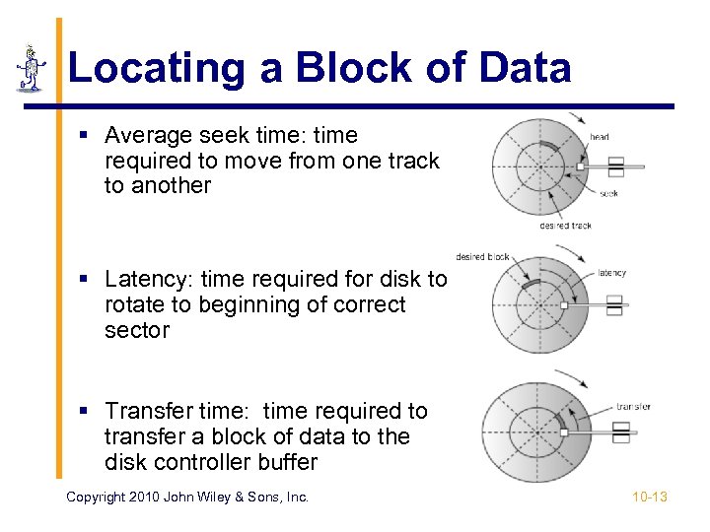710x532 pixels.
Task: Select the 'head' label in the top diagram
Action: (599, 137)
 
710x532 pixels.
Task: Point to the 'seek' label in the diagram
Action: (608, 193)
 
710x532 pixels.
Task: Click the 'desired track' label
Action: (565, 226)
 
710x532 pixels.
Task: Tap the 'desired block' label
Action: (482, 257)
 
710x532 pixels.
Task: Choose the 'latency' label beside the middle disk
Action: (611, 273)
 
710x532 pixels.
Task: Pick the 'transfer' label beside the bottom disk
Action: (633, 406)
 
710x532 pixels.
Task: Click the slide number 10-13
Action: (650, 497)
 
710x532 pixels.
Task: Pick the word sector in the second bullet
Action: (137, 330)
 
